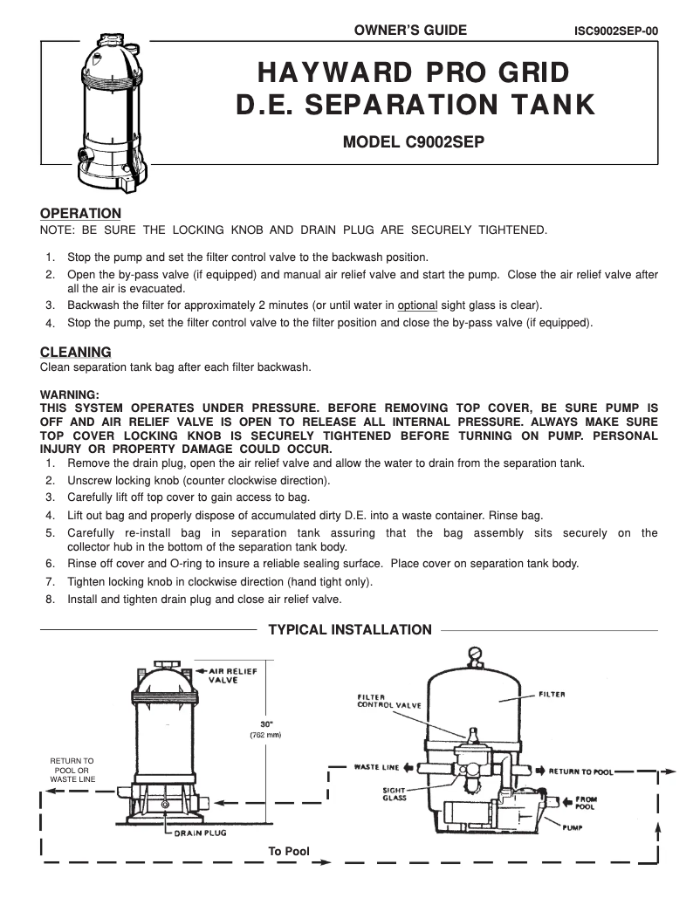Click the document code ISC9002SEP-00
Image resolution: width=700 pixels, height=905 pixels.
pyautogui.click(x=615, y=31)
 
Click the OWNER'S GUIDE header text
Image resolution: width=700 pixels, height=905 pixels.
pyautogui.click(x=410, y=31)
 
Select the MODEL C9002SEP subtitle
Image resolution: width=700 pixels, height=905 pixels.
pyautogui.click(x=413, y=142)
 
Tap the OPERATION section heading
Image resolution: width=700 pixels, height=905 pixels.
pyautogui.click(x=81, y=213)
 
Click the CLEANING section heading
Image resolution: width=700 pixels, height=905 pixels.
pyautogui.click(x=76, y=352)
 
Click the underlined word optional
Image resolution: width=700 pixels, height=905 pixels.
pyautogui.click(x=417, y=305)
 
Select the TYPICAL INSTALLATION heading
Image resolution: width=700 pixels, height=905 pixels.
pyautogui.click(x=349, y=630)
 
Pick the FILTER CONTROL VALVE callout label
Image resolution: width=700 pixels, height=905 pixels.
pyautogui.click(x=389, y=701)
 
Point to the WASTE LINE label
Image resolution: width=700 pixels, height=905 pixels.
pyautogui.click(x=376, y=767)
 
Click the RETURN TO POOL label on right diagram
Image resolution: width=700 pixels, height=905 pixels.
pyautogui.click(x=580, y=771)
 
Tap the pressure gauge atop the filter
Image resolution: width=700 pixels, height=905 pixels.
pyautogui.click(x=474, y=653)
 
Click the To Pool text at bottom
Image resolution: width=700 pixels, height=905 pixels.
pyautogui.click(x=289, y=851)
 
